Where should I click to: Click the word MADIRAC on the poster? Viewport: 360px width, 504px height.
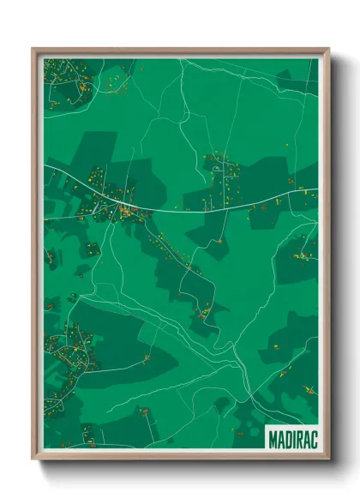tap(291, 439)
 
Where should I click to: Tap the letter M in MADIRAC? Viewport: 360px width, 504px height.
tap(273, 439)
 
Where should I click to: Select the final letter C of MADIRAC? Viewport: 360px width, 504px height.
tap(311, 439)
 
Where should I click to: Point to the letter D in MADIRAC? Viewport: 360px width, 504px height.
tap(286, 439)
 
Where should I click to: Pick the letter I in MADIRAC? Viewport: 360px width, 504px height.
tap(292, 439)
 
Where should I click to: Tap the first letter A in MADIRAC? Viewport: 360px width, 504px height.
tap(279, 439)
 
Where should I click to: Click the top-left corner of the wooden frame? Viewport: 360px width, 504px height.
tap(33, 49)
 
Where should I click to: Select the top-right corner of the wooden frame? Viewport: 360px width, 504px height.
tap(328, 49)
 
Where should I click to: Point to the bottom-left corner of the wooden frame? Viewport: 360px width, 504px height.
tap(33, 459)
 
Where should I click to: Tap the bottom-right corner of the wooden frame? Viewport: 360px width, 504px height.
tap(328, 459)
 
